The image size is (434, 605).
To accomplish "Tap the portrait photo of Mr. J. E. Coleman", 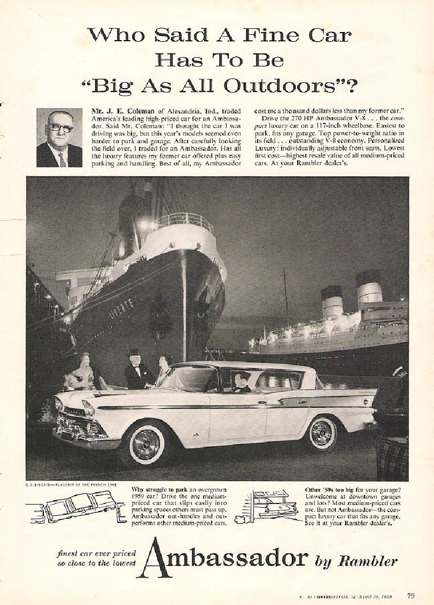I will pyautogui.click(x=59, y=138).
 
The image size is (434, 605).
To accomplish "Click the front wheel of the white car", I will pyautogui.click(x=146, y=443).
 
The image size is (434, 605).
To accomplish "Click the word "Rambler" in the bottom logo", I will pyautogui.click(x=368, y=561).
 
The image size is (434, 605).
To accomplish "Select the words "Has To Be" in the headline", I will pyautogui.click(x=219, y=60).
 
